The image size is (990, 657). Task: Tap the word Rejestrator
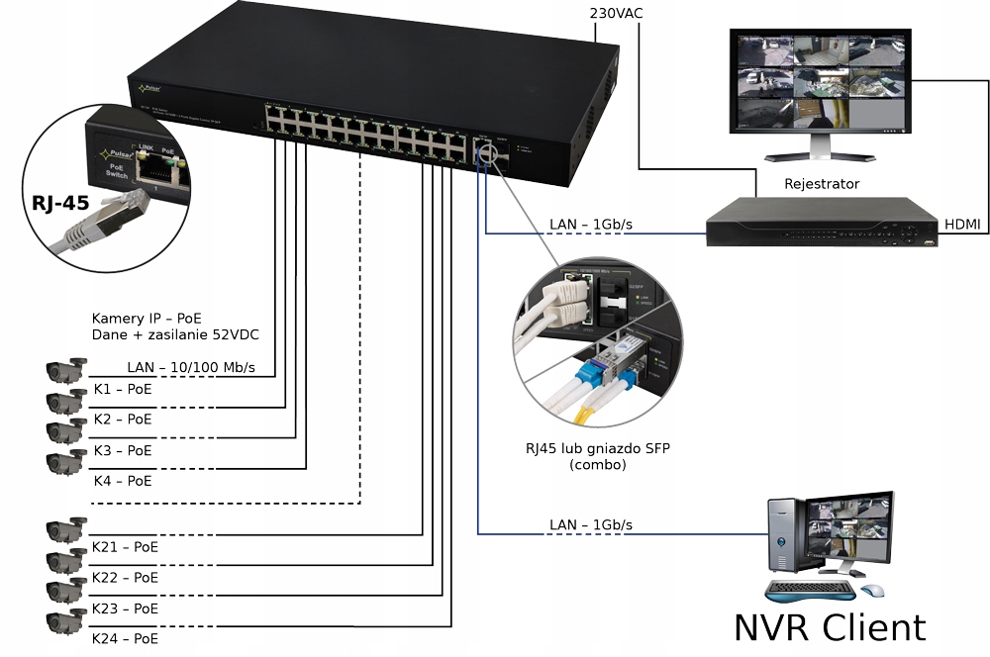click(x=821, y=184)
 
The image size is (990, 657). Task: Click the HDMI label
click(x=961, y=225)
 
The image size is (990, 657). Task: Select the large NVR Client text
click(x=830, y=627)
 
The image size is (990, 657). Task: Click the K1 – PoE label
click(x=123, y=389)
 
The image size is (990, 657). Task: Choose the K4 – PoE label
click(x=123, y=481)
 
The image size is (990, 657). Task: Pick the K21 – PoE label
click(x=125, y=546)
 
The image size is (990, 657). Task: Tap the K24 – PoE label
click(x=125, y=639)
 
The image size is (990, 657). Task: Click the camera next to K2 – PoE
click(x=66, y=402)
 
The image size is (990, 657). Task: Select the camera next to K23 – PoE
click(x=66, y=592)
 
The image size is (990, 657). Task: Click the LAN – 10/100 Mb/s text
click(x=191, y=368)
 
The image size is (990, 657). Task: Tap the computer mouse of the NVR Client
click(x=872, y=591)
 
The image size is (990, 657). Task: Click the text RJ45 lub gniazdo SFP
click(x=598, y=448)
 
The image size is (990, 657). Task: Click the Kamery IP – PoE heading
click(x=148, y=319)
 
